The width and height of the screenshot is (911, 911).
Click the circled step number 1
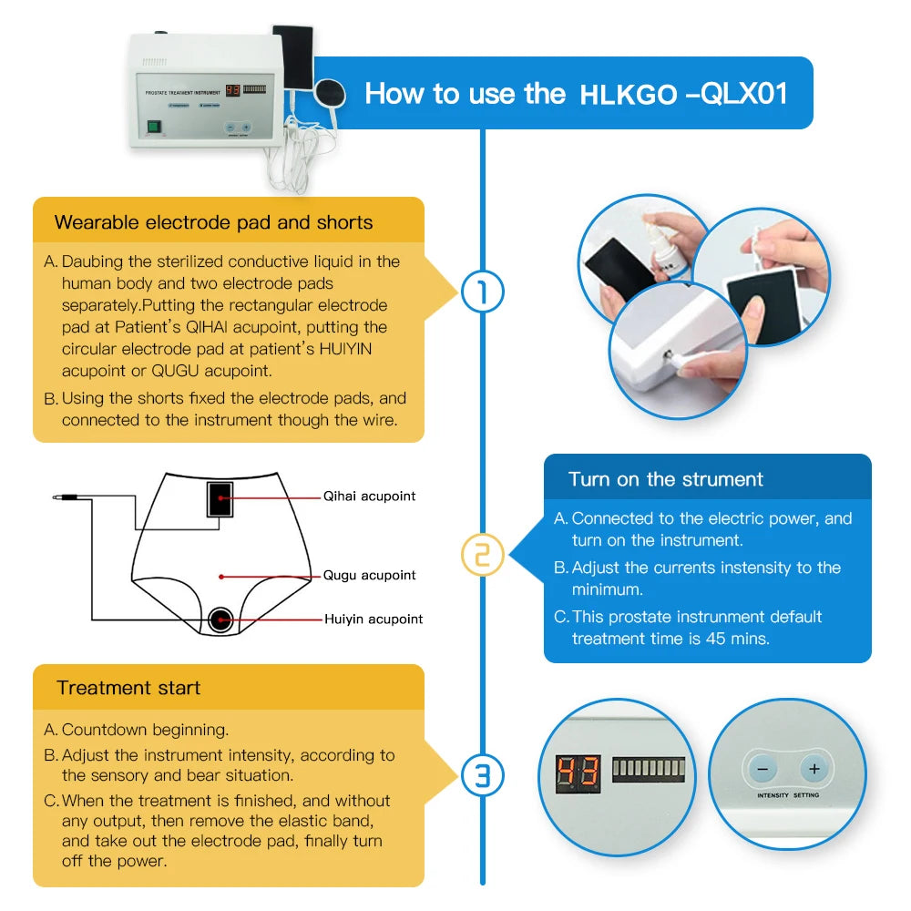pyautogui.click(x=483, y=292)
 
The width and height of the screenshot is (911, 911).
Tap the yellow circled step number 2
pyautogui.click(x=483, y=555)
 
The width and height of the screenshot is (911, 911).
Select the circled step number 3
pyautogui.click(x=483, y=775)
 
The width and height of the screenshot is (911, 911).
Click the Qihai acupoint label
pyautogui.click(x=369, y=496)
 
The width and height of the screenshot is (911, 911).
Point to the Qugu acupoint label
pyautogui.click(x=369, y=576)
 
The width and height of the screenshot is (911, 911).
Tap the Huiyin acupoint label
pyautogui.click(x=374, y=619)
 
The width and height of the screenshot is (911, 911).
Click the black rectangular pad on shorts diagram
pyautogui.click(x=220, y=500)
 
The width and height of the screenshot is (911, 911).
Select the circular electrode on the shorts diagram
pyautogui.click(x=220, y=620)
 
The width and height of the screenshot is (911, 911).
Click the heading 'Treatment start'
pyautogui.click(x=128, y=689)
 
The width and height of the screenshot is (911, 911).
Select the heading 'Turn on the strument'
pyautogui.click(x=665, y=479)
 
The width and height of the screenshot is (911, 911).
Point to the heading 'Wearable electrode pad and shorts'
pyautogui.click(x=213, y=222)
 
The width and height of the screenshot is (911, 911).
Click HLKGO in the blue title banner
pyautogui.click(x=629, y=95)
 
